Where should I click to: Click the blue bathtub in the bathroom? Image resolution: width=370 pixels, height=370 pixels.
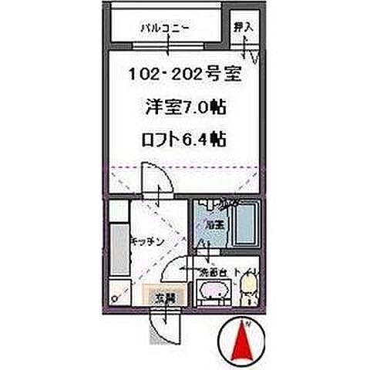(x=246, y=223)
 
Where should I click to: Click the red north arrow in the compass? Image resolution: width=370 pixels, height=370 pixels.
(x=245, y=340)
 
